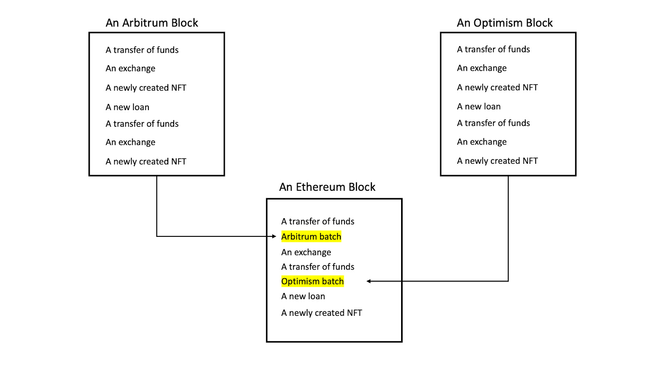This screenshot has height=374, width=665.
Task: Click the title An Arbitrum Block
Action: pos(152,23)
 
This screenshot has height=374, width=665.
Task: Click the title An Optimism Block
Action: pos(505,23)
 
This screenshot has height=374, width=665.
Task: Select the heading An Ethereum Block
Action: pos(327,187)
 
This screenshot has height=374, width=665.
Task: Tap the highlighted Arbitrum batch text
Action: pos(311,236)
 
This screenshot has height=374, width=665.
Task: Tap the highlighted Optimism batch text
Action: pos(312,281)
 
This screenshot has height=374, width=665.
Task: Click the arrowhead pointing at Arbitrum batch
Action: pos(274,236)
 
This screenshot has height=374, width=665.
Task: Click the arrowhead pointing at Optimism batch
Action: pos(369,281)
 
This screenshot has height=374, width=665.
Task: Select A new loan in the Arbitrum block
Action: pos(127,107)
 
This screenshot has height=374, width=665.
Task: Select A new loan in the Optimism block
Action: pos(478,107)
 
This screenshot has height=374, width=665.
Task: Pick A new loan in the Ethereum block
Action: pos(303,296)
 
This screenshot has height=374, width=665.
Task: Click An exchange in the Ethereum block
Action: pos(306,252)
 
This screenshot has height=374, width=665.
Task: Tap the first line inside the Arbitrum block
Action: pos(142,50)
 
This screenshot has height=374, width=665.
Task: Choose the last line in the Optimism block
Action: pos(497,161)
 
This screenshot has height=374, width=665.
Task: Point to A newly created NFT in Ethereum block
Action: pos(321,313)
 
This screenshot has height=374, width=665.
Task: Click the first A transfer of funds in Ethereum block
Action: pos(318,221)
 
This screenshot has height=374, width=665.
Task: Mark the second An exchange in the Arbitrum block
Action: pos(130,142)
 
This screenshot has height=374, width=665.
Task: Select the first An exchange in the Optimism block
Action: pos(482,68)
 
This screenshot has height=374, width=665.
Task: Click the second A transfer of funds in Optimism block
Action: pos(493,123)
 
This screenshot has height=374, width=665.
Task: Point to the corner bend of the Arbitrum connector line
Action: pos(157,236)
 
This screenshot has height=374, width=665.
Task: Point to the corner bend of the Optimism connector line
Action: pos(508,281)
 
